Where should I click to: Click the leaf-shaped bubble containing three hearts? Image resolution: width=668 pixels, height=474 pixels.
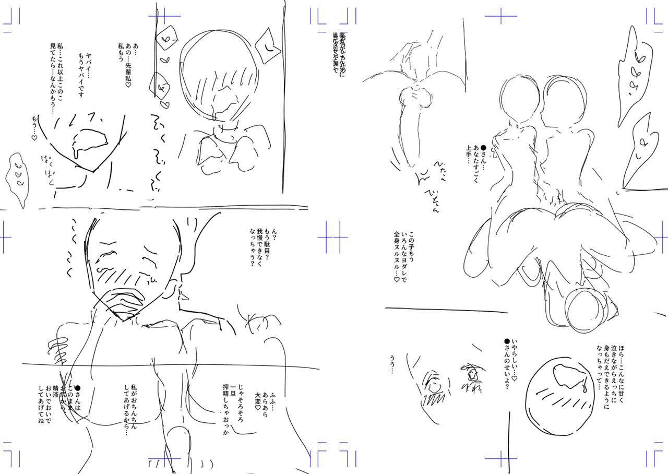click(16, 177)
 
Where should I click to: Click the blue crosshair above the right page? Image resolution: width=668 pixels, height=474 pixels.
click(500, 16)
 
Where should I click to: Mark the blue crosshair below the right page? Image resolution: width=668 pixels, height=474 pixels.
click(500, 459)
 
